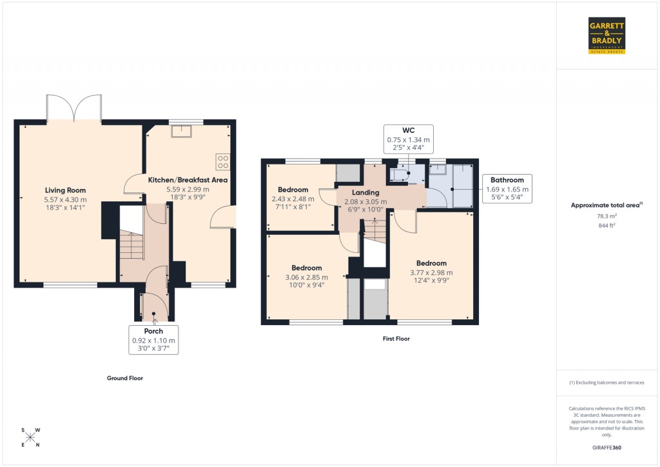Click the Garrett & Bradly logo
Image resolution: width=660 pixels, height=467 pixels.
point(607,35)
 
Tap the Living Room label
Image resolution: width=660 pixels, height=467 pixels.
point(65,190)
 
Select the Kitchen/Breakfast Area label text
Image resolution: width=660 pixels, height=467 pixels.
point(188,179)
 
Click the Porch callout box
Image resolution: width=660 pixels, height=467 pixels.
point(153,339)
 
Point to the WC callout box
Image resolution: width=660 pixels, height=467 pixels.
point(409,139)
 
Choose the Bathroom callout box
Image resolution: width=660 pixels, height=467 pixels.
point(507,188)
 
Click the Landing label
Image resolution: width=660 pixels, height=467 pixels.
point(365,192)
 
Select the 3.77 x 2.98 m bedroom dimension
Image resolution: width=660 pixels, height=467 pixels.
point(431,272)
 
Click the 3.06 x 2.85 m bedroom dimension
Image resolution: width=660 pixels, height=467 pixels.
point(306,277)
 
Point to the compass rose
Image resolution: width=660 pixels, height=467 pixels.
point(30,437)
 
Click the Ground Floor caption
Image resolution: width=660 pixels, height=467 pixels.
point(124,378)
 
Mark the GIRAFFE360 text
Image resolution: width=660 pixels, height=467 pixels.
point(607,447)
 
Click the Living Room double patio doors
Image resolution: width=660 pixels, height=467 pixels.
point(73,108)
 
